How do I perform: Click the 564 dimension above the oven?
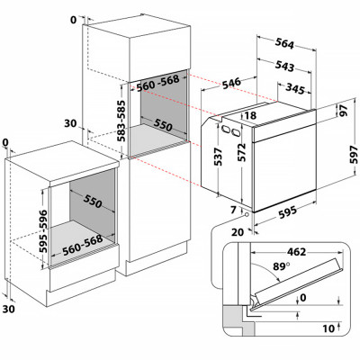(x=284, y=44)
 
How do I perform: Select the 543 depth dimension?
(x=284, y=67)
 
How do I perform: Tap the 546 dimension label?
(x=231, y=83)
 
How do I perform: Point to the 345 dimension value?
(x=295, y=88)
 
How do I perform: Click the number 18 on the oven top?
(x=250, y=115)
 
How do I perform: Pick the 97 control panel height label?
(x=344, y=111)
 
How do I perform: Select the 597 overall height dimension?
(x=355, y=155)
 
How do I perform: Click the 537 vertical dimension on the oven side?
(x=218, y=157)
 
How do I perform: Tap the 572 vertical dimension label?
(x=242, y=152)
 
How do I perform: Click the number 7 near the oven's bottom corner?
(x=233, y=210)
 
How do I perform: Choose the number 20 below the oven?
(x=238, y=232)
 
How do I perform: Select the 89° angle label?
(x=282, y=266)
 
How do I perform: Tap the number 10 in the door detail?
(x=328, y=328)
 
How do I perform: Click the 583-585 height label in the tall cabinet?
(x=121, y=121)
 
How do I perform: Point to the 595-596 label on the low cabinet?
(x=43, y=231)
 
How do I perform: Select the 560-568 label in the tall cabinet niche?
(x=157, y=83)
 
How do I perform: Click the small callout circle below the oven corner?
(x=247, y=215)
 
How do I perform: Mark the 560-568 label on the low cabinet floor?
(x=83, y=246)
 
